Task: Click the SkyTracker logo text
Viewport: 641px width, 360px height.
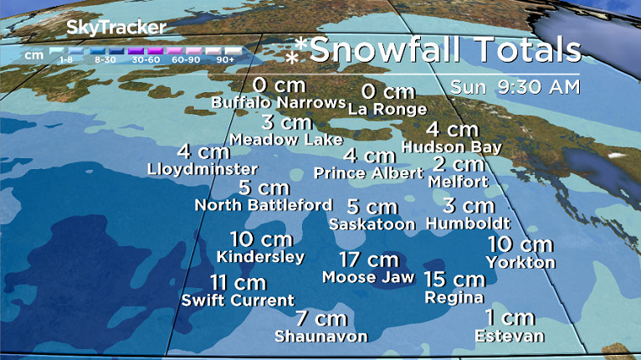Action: pyautogui.click(x=115, y=28)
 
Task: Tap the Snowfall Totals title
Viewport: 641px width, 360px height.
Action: pyautogui.click(x=444, y=49)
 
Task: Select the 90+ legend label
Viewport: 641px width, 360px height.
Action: pyautogui.click(x=225, y=59)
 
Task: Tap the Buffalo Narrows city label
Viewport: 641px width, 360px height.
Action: pyautogui.click(x=278, y=102)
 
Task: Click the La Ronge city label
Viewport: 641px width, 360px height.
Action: pyautogui.click(x=387, y=109)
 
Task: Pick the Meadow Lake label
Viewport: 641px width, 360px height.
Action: pyautogui.click(x=286, y=139)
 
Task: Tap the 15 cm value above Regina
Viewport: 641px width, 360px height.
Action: pyautogui.click(x=454, y=280)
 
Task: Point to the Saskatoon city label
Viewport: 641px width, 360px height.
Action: pyautogui.click(x=372, y=224)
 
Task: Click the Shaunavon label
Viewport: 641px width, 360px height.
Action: pyautogui.click(x=320, y=336)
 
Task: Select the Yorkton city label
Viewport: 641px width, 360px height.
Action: pyautogui.click(x=520, y=262)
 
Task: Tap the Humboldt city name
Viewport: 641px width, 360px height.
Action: pyautogui.click(x=467, y=224)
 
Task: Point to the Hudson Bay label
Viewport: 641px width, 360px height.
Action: pyautogui.click(x=452, y=147)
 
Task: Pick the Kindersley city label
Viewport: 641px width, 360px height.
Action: pyautogui.click(x=260, y=256)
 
